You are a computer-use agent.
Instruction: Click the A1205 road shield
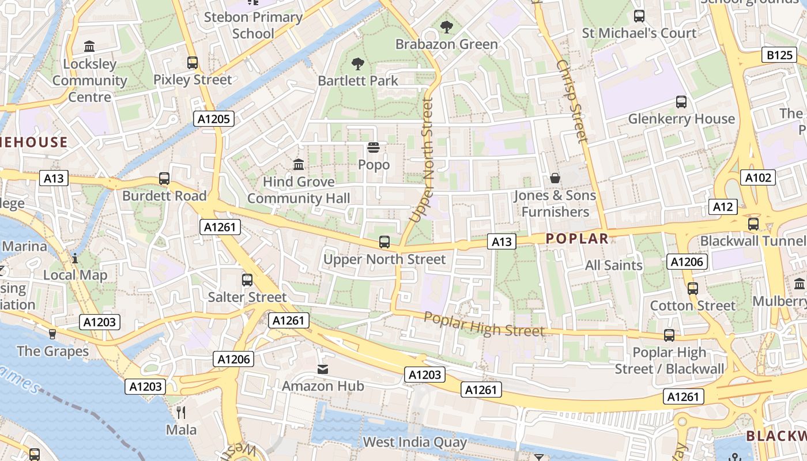pyautogui.click(x=213, y=119)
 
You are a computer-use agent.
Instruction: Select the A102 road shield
pyautogui.click(x=758, y=177)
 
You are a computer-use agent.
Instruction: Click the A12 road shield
pyautogui.click(x=723, y=207)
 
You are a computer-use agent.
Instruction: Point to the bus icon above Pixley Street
pyautogui.click(x=193, y=62)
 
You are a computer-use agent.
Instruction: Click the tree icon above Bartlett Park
pyautogui.click(x=357, y=63)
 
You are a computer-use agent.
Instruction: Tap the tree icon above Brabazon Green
pyautogui.click(x=446, y=27)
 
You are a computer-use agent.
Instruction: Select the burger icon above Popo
pyautogui.click(x=374, y=148)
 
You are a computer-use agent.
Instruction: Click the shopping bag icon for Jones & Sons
pyautogui.click(x=555, y=178)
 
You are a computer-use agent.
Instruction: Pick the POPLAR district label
pyautogui.click(x=577, y=239)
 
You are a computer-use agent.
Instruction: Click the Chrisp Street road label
pyautogui.click(x=572, y=101)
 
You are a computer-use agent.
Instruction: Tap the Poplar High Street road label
pyautogui.click(x=484, y=324)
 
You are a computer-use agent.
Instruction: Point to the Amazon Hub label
pyautogui.click(x=323, y=386)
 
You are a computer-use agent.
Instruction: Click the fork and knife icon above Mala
pyautogui.click(x=181, y=412)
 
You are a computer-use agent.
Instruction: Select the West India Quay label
pyautogui.click(x=414, y=443)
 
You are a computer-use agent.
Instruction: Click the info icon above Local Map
pyautogui.click(x=74, y=258)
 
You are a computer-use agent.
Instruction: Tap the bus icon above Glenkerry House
pyautogui.click(x=681, y=102)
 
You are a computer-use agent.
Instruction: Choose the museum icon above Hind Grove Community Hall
pyautogui.click(x=299, y=165)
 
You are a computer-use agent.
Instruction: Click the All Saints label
pyautogui.click(x=613, y=266)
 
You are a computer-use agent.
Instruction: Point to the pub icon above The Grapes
pyautogui.click(x=52, y=334)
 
